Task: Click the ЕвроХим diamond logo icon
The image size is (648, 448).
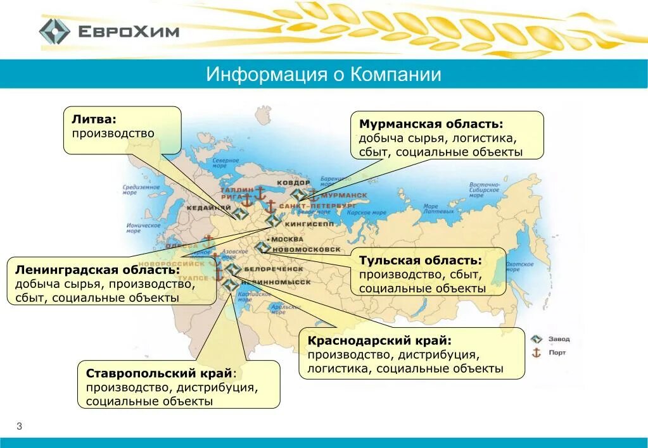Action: pyautogui.click(x=54, y=32)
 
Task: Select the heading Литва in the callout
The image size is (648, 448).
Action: pyautogui.click(x=94, y=118)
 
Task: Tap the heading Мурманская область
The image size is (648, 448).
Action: pyautogui.click(x=431, y=123)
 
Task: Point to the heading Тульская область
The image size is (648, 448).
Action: pyautogui.click(x=421, y=260)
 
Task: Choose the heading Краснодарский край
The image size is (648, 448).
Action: pyautogui.click(x=379, y=340)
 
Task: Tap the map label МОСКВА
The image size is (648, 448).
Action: pyautogui.click(x=287, y=240)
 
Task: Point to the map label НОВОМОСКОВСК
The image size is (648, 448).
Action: pyautogui.click(x=306, y=250)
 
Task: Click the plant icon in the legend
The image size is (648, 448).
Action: pyautogui.click(x=537, y=339)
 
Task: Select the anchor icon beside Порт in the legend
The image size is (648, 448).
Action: pyautogui.click(x=537, y=352)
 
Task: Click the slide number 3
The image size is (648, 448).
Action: pyautogui.click(x=19, y=426)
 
